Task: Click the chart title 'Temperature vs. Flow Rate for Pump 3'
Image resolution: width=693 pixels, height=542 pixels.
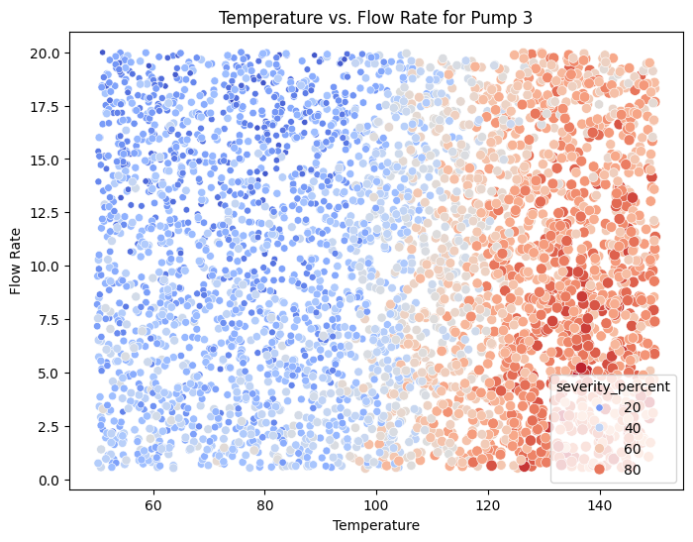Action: pos(375,17)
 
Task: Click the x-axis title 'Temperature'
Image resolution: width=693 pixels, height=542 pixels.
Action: pos(375,524)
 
